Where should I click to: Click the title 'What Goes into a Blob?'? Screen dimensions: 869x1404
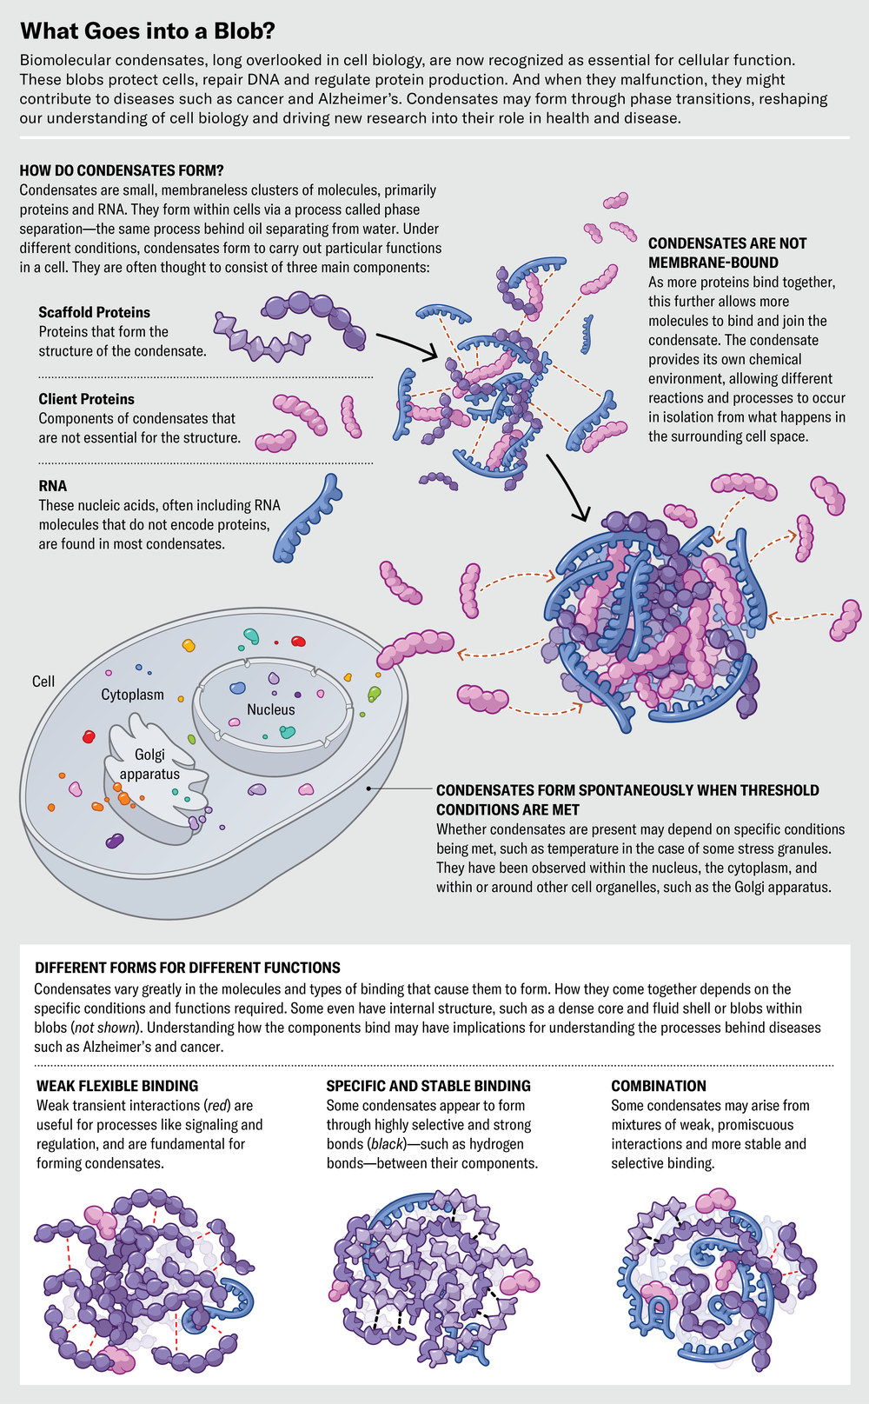click(x=147, y=31)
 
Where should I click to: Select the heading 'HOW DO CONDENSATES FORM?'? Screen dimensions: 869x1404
click(x=122, y=170)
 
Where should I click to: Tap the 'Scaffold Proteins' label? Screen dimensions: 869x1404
click(x=94, y=312)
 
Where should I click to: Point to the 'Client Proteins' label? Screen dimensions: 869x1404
click(x=86, y=399)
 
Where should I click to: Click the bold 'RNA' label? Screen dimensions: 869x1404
click(x=52, y=486)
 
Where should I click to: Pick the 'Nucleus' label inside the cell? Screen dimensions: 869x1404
click(x=270, y=709)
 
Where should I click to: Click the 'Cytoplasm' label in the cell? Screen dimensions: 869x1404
click(x=132, y=695)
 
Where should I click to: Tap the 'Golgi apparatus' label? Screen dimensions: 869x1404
click(x=149, y=764)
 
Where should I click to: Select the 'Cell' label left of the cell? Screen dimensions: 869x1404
click(x=43, y=682)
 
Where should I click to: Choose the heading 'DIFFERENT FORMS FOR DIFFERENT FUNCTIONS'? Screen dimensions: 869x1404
click(x=187, y=968)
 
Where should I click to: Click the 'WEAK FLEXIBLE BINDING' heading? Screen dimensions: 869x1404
click(x=117, y=1086)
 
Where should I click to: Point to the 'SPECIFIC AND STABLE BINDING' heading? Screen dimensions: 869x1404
click(x=428, y=1086)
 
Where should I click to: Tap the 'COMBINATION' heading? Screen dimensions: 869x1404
click(x=659, y=1086)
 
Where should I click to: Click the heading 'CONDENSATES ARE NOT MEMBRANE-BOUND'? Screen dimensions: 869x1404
click(x=726, y=253)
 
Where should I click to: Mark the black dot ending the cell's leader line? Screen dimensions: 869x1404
click(x=369, y=789)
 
